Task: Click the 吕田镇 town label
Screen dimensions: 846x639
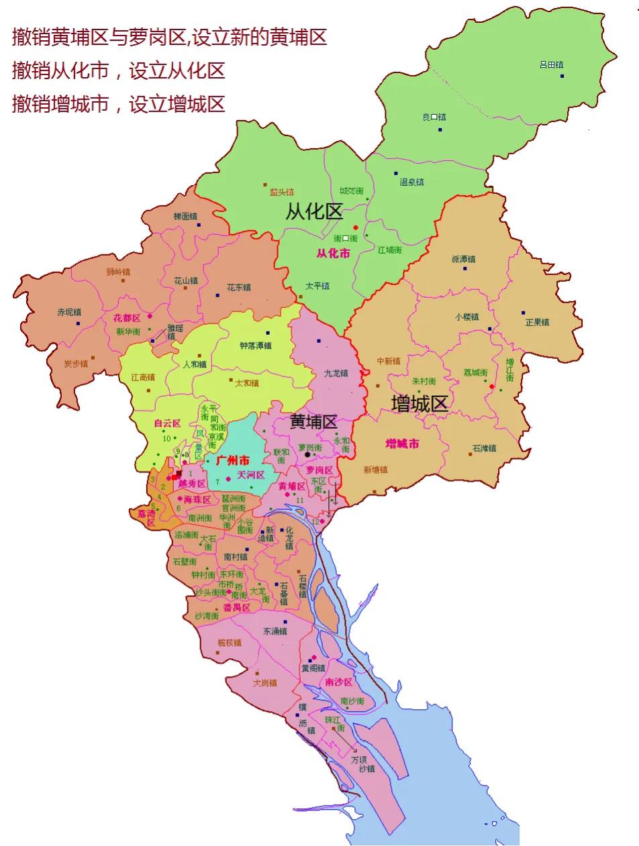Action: pos(551,65)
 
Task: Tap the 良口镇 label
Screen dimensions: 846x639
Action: pos(434,117)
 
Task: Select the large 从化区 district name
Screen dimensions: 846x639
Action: pos(314,213)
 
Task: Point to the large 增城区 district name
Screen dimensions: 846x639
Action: pos(420,403)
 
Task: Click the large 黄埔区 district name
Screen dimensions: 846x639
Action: pos(313,422)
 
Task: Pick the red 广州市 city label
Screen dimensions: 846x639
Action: pos(233,461)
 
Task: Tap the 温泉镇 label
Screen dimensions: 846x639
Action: pos(411,182)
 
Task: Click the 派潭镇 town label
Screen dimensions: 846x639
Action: pos(463,259)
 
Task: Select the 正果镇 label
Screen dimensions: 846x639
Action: pos(537,322)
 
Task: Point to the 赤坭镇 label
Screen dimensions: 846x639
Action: pos(68,313)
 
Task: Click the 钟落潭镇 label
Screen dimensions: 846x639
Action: pos(256,346)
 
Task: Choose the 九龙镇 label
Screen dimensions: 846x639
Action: pos(336,373)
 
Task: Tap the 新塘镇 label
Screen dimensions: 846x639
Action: pos(376,470)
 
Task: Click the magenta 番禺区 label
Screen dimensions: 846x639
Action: pos(237,608)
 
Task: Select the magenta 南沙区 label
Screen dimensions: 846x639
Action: pos(338,682)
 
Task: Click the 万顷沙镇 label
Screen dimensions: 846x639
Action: pos(362,764)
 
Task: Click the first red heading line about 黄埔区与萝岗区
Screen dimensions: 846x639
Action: pos(169,38)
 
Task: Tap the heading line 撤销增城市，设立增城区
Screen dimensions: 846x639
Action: pos(118,104)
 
